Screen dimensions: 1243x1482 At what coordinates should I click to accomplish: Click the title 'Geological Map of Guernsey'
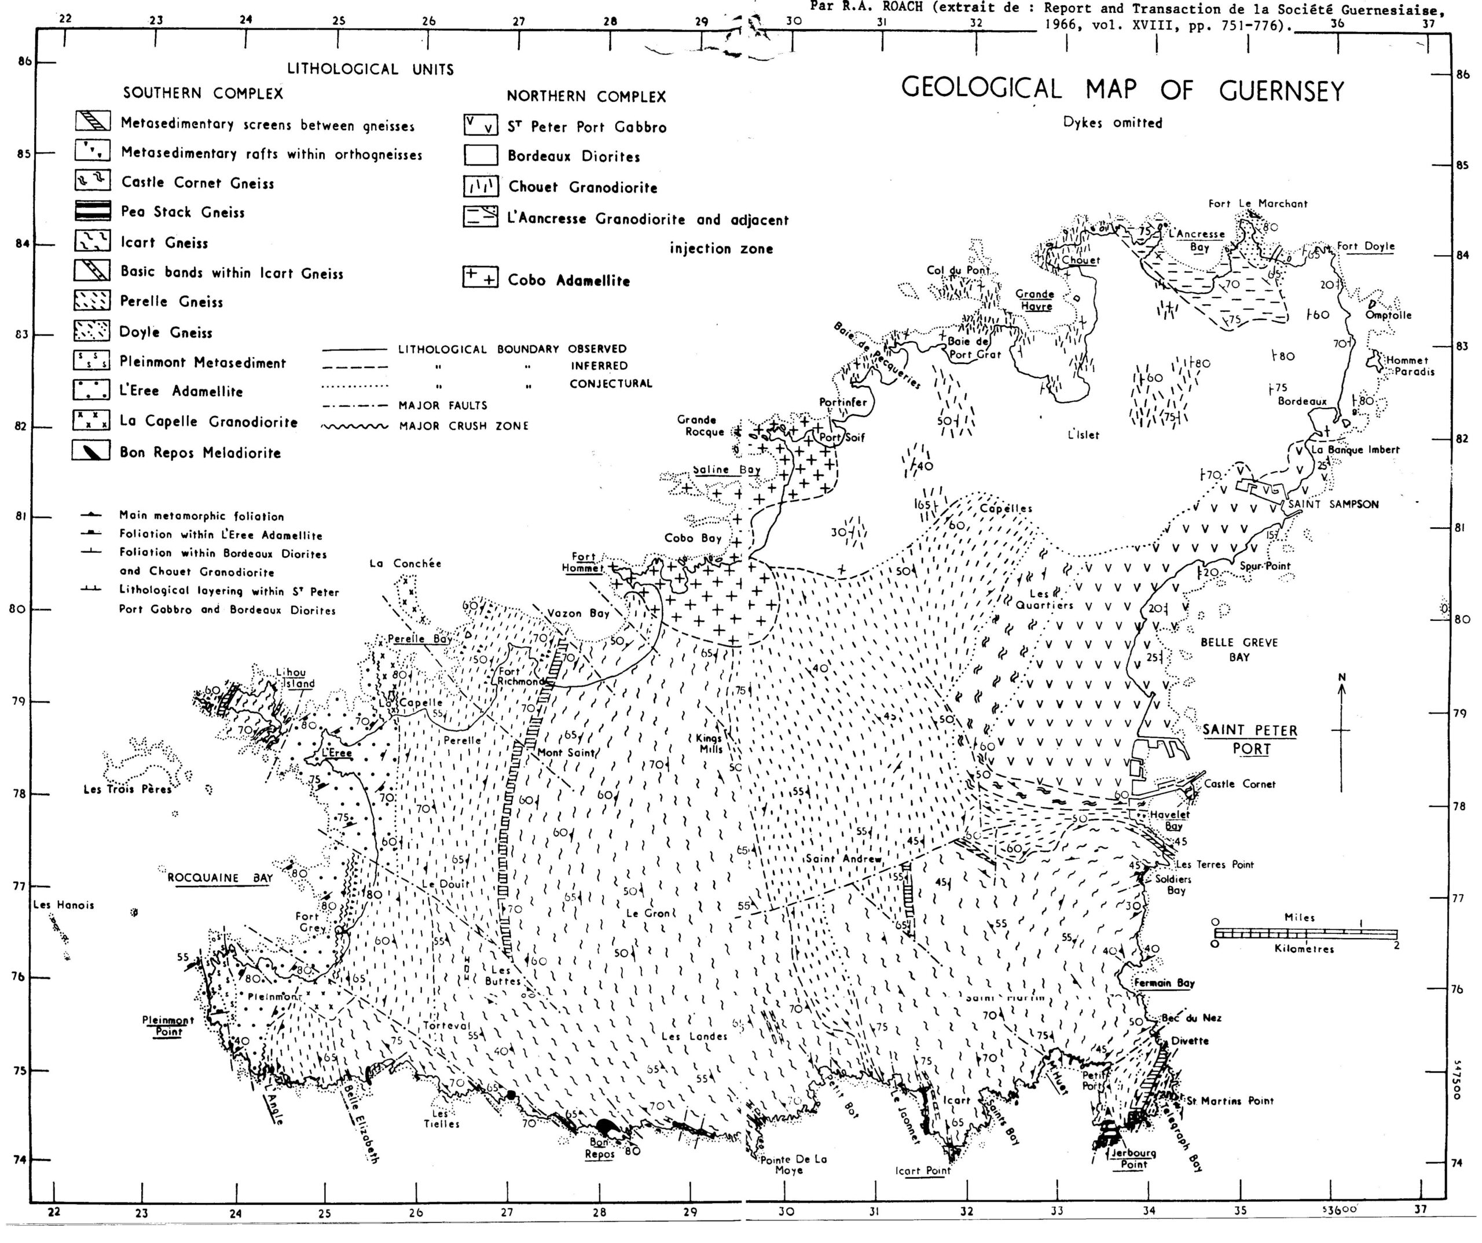pos(1122,90)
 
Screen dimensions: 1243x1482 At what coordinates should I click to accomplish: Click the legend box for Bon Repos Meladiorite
pos(91,451)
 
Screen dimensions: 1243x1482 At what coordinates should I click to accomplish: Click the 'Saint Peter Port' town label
pos(1250,738)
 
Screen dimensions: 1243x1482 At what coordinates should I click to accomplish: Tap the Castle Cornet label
pos(1239,784)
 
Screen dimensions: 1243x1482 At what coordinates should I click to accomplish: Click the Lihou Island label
pos(295,678)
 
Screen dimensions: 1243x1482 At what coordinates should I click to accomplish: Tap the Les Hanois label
pos(64,905)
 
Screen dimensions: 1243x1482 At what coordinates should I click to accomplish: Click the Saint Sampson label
pos(1333,505)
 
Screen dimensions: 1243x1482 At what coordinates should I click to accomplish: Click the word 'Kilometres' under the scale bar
pos(1304,949)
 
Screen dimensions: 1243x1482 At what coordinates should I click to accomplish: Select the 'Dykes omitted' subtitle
pos(1112,123)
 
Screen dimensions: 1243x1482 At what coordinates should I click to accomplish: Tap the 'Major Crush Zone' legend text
pos(464,426)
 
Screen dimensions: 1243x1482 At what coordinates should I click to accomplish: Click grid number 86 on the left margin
pos(25,61)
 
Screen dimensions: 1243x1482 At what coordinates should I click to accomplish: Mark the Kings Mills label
pos(710,744)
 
